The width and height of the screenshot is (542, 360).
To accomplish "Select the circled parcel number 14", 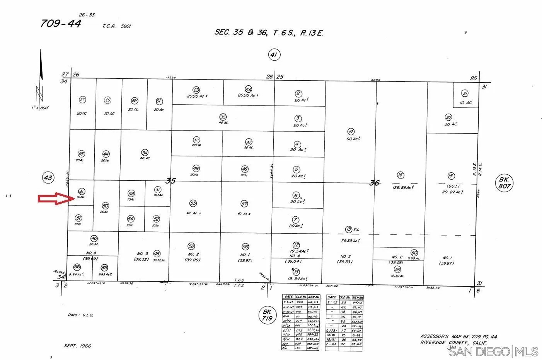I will click(351, 132).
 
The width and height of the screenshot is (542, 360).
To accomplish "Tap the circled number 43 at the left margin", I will click(48, 178).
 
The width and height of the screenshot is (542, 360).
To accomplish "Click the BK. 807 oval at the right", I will click(505, 183).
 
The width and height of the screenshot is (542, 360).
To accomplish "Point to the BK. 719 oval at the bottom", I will click(267, 315).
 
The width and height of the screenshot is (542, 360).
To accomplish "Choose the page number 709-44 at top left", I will click(61, 24).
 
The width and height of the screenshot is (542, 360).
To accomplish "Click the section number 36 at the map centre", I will click(374, 183).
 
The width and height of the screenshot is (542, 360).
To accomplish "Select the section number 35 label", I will click(170, 180).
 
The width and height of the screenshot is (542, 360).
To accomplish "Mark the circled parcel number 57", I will click(244, 204).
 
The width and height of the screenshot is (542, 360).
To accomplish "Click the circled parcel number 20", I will click(448, 117).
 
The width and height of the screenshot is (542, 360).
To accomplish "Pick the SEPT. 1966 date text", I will click(78, 346).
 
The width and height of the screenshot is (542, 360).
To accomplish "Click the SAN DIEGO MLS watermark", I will click(493, 352).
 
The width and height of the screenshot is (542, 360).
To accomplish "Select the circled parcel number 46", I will click(157, 254).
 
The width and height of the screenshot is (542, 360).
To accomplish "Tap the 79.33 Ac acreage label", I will click(351, 241).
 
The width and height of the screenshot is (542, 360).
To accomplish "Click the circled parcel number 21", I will click(465, 93).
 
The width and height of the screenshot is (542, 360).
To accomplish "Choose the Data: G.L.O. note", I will click(80, 315).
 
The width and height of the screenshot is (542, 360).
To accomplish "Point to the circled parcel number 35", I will click(223, 117).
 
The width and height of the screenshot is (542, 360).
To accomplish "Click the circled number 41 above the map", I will click(274, 55).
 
